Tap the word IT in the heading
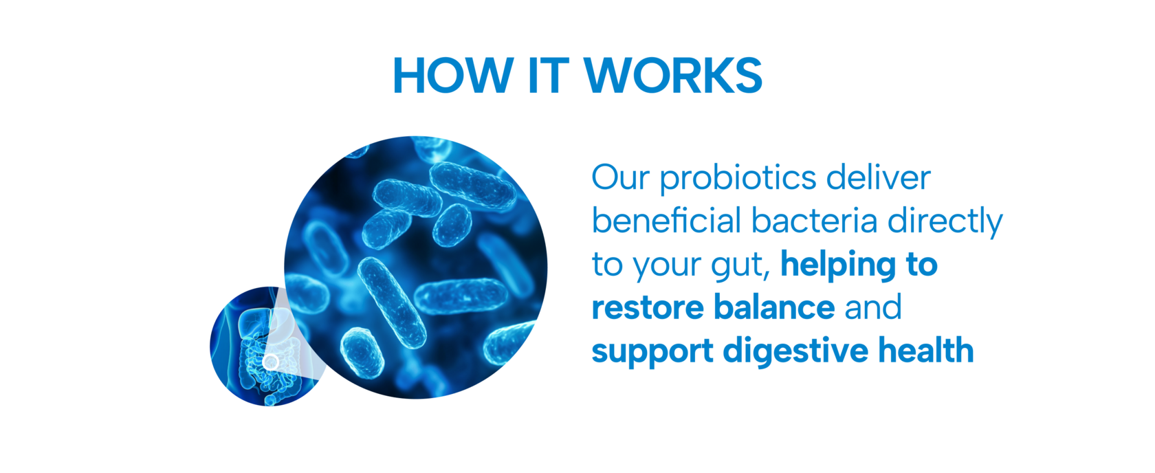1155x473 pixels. [x=549, y=76]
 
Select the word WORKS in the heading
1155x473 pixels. [x=673, y=76]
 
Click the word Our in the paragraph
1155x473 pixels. [x=621, y=177]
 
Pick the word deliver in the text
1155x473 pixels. [x=879, y=177]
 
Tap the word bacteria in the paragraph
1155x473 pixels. [x=814, y=220]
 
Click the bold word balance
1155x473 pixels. [x=774, y=307]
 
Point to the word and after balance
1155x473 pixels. [x=873, y=307]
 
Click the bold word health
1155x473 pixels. [x=926, y=350]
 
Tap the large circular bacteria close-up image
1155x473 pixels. [x=415, y=267]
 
